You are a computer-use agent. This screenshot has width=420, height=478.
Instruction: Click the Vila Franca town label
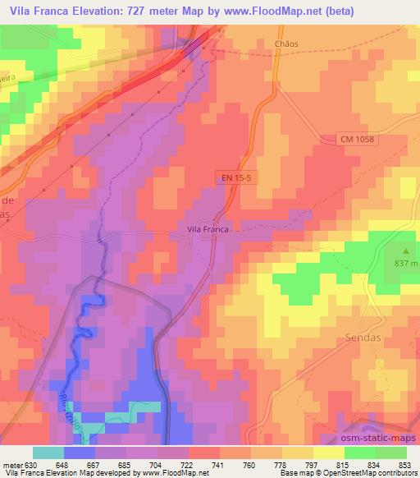(x=207, y=230)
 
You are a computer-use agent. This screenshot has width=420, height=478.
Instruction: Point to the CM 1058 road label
(x=357, y=140)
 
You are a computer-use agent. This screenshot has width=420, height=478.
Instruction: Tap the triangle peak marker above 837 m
(x=404, y=250)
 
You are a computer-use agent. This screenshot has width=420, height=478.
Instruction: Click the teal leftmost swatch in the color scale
(x=48, y=453)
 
